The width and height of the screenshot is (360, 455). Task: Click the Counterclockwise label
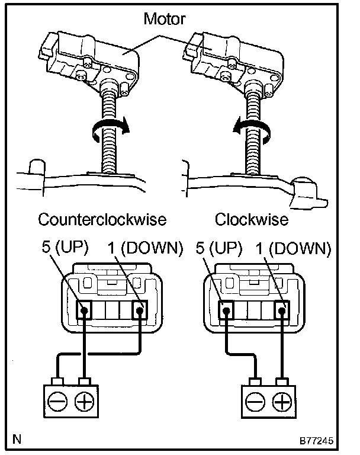click(102, 220)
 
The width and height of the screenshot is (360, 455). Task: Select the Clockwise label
click(251, 220)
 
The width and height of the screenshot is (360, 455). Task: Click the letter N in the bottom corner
click(17, 440)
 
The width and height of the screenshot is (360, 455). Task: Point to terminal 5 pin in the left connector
click(85, 309)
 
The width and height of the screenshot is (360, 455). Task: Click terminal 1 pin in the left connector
click(140, 309)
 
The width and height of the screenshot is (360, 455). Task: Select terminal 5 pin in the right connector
click(226, 309)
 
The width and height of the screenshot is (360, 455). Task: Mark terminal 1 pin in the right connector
click(281, 309)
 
